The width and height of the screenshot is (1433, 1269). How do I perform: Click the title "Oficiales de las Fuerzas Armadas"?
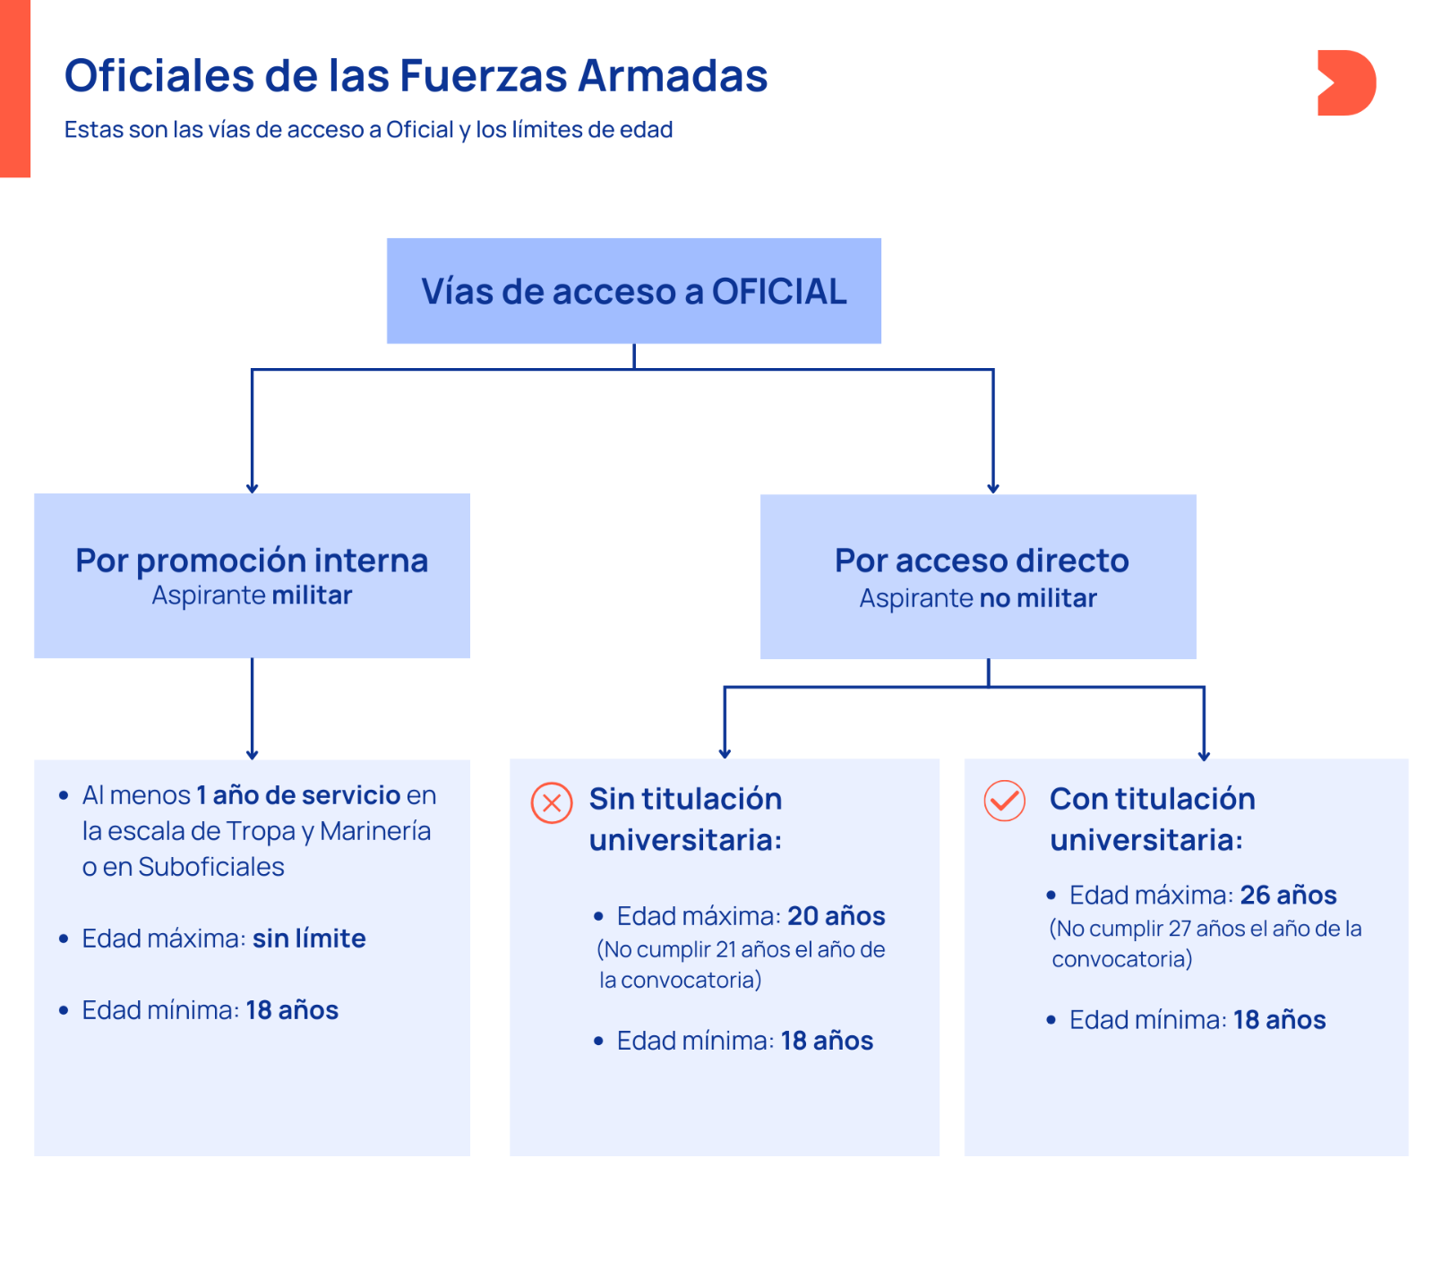(x=416, y=75)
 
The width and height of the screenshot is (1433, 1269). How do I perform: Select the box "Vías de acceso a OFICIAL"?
(x=633, y=290)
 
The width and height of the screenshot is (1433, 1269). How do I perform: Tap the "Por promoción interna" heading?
(x=252, y=560)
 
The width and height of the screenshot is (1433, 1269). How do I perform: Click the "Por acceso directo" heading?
(x=982, y=560)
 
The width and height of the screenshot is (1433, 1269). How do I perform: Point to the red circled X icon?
(x=552, y=802)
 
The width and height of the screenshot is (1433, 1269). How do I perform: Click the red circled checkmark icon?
(x=1005, y=801)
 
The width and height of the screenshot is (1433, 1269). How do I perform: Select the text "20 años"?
(x=837, y=915)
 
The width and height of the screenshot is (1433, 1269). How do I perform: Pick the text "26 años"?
(x=1288, y=895)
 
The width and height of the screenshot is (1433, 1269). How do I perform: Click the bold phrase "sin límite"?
(x=309, y=938)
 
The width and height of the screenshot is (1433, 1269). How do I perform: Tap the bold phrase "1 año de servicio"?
(x=298, y=794)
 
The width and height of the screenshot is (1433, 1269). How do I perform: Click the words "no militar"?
(x=1038, y=597)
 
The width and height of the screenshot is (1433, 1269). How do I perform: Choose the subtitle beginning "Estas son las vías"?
(x=368, y=130)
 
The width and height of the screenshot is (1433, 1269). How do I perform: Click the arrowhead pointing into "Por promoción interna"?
(x=252, y=488)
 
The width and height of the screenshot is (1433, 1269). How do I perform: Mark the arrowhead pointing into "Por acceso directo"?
(x=992, y=488)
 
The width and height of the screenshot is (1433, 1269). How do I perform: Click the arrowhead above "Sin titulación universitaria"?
(x=725, y=753)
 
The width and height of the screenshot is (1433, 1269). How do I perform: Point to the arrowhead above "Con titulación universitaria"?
(x=1204, y=755)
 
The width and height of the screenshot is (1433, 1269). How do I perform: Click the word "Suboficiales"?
(x=211, y=867)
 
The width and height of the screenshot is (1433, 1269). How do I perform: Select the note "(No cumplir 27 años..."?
(x=1206, y=944)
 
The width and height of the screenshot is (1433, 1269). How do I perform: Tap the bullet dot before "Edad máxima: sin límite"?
(x=64, y=939)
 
